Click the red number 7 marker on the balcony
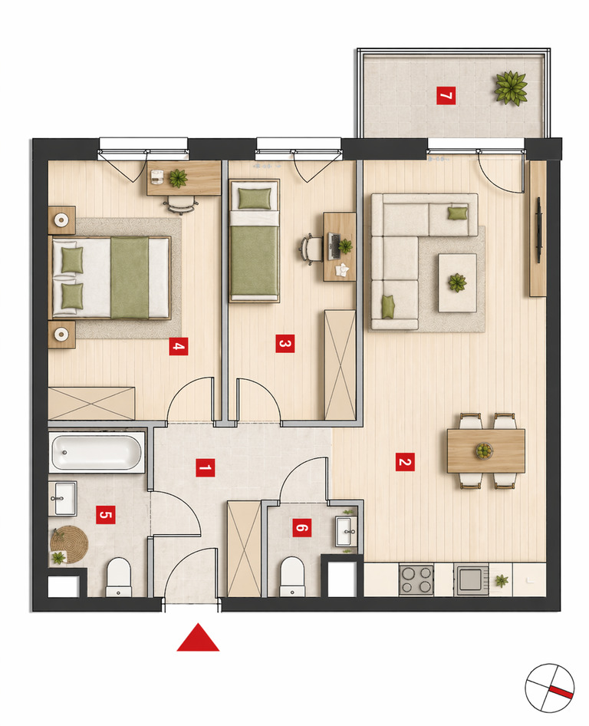coord(446,96)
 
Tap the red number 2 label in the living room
coord(405,462)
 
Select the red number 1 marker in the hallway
coord(205,467)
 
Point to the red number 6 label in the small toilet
coord(301,527)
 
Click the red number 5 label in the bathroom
coord(106,514)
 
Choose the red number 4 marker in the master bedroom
coord(179,346)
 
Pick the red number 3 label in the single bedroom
coord(285,344)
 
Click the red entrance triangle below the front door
coord(198,638)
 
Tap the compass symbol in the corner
coord(550,688)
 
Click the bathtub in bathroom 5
coord(97,452)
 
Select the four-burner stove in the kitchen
coord(416,579)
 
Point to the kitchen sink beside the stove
coord(471,579)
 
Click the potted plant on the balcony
coord(511,88)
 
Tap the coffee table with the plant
coord(458,282)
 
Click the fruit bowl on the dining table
coord(484,450)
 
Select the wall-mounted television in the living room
coord(539,230)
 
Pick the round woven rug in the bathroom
coord(69,545)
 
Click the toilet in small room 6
coord(292,577)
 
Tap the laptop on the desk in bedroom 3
coord(334,246)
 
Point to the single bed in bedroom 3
coord(254,241)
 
